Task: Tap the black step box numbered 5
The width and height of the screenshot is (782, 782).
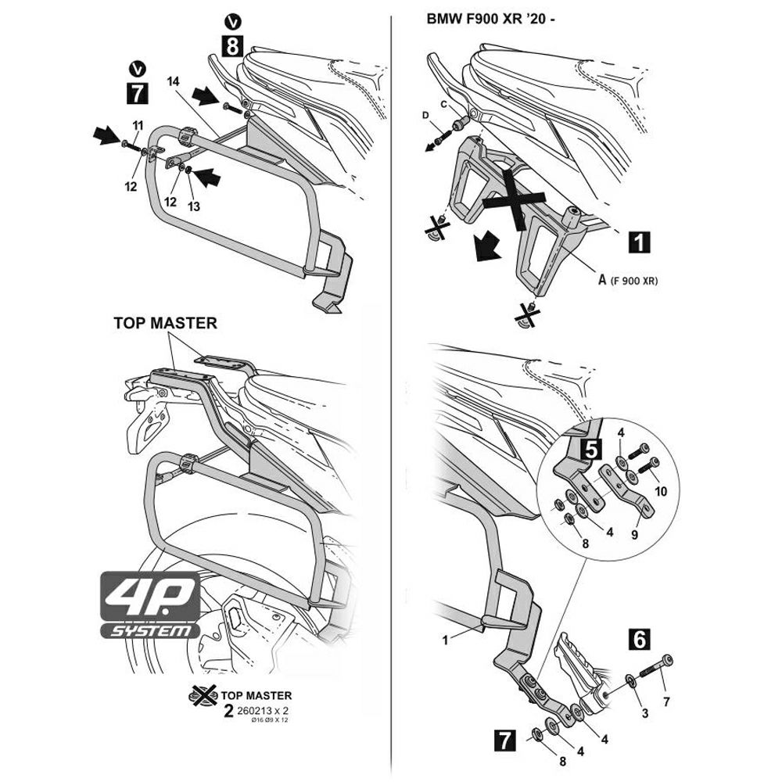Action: pyautogui.click(x=591, y=448)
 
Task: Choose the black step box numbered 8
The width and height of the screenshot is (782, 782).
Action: pyautogui.click(x=232, y=47)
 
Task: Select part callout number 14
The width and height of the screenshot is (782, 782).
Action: pyautogui.click(x=174, y=81)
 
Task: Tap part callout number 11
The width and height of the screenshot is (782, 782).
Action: pyautogui.click(x=138, y=125)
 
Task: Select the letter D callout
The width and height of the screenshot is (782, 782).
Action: pyautogui.click(x=425, y=116)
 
